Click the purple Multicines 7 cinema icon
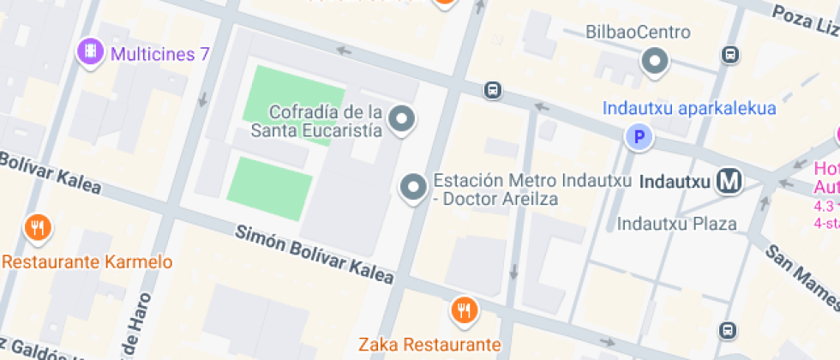pyautogui.click(x=90, y=53)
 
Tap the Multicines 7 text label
pyautogui.click(x=160, y=54)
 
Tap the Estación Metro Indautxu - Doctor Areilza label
pyautogui.click(x=531, y=189)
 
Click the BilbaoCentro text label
pyautogui.click(x=638, y=33)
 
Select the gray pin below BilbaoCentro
pyautogui.click(x=656, y=62)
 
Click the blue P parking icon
pyautogui.click(x=638, y=136)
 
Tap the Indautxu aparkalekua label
pyautogui.click(x=689, y=109)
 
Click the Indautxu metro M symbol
pyautogui.click(x=730, y=181)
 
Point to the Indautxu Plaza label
pyautogui.click(x=677, y=225)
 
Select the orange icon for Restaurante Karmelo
pyautogui.click(x=37, y=228)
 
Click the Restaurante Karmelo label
pyautogui.click(x=87, y=262)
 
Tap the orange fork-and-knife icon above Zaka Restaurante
pyautogui.click(x=464, y=309)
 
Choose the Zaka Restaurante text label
pyautogui.click(x=429, y=345)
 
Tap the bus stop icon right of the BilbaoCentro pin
pyautogui.click(x=729, y=56)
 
